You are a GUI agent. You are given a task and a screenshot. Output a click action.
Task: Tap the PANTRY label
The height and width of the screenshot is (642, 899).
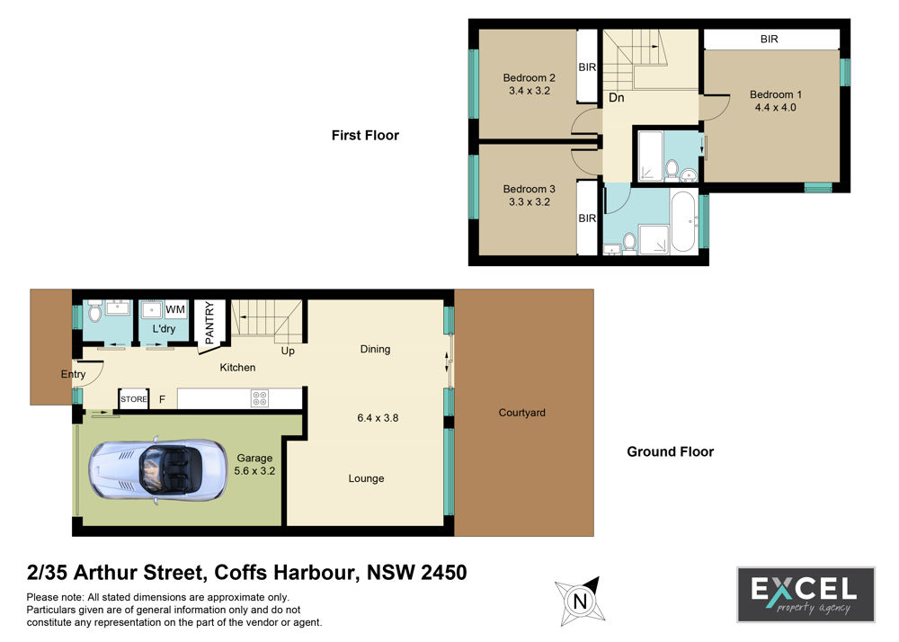tap(209, 323)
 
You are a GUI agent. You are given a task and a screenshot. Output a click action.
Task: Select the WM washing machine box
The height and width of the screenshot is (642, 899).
tap(175, 309)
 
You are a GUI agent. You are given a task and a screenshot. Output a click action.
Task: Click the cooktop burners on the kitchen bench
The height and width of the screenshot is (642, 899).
tap(260, 398)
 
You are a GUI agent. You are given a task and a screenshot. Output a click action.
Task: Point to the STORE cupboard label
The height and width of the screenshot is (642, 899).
tap(134, 399)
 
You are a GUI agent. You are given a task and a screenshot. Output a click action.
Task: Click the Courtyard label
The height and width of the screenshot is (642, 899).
tap(521, 413)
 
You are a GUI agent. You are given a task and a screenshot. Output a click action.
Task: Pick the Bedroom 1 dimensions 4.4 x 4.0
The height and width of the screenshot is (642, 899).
tap(775, 107)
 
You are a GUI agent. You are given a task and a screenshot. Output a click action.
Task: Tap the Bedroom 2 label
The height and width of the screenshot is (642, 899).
tap(530, 77)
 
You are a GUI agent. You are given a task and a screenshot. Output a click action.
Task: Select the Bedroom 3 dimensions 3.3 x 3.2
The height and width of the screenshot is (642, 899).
tap(530, 201)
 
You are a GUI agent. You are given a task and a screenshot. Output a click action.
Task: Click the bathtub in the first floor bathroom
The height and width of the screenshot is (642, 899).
tap(683, 221)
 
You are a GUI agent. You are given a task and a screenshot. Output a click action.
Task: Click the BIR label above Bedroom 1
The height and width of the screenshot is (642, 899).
tap(770, 39)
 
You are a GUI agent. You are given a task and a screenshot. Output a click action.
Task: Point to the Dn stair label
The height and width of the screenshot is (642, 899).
tap(617, 97)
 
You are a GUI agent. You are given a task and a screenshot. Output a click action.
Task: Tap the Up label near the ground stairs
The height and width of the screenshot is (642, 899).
tap(288, 351)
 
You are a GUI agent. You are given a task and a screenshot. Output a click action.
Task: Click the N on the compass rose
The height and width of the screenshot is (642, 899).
tap(580, 602)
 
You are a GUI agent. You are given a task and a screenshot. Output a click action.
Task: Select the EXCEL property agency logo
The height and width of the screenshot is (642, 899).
tap(806, 594)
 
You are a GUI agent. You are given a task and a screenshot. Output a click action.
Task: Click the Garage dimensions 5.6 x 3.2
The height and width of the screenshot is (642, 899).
tap(254, 470)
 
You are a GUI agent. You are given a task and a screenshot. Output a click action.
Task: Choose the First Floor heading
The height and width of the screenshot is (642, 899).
tap(365, 135)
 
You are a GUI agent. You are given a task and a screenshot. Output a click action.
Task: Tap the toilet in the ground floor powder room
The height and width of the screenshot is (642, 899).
tap(95, 312)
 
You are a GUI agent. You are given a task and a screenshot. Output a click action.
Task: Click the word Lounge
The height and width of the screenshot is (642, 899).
tap(367, 478)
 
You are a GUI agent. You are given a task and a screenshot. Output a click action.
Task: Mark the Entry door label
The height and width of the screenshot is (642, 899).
tap(73, 374)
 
